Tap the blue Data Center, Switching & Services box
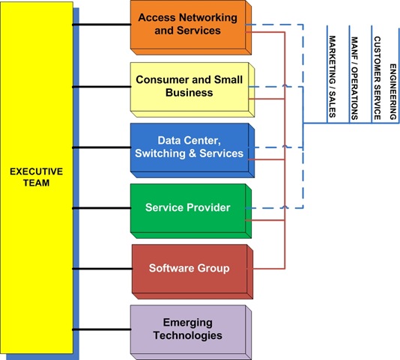click(190, 147)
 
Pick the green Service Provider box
click(188, 208)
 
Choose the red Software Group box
click(189, 268)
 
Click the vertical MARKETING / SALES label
click(332, 76)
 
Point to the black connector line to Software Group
click(101, 267)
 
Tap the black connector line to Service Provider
click(101, 207)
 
